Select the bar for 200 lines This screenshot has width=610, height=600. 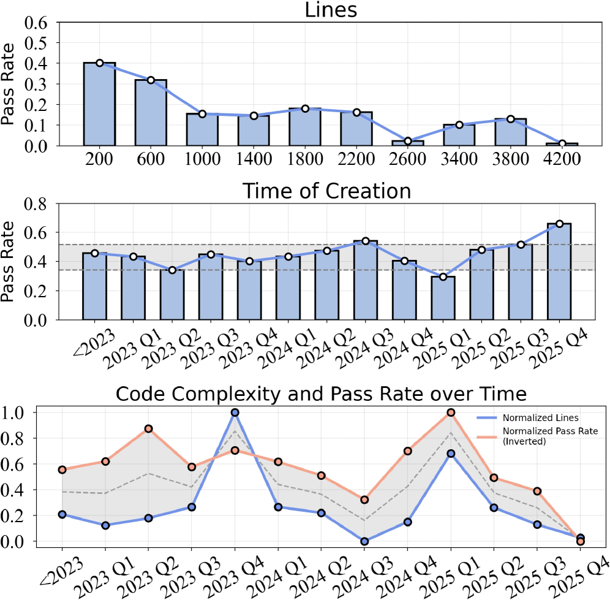(99, 104)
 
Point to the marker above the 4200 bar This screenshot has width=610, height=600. (562, 143)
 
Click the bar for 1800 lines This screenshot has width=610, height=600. (305, 127)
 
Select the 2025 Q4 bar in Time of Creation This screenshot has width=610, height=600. (559, 272)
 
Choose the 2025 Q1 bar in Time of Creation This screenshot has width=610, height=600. (443, 298)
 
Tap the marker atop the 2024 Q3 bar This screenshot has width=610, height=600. (365, 241)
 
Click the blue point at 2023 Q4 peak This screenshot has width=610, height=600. (235, 412)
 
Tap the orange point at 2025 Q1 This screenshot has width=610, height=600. (451, 412)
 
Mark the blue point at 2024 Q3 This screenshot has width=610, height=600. (364, 541)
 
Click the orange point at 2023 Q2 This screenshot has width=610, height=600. (148, 428)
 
